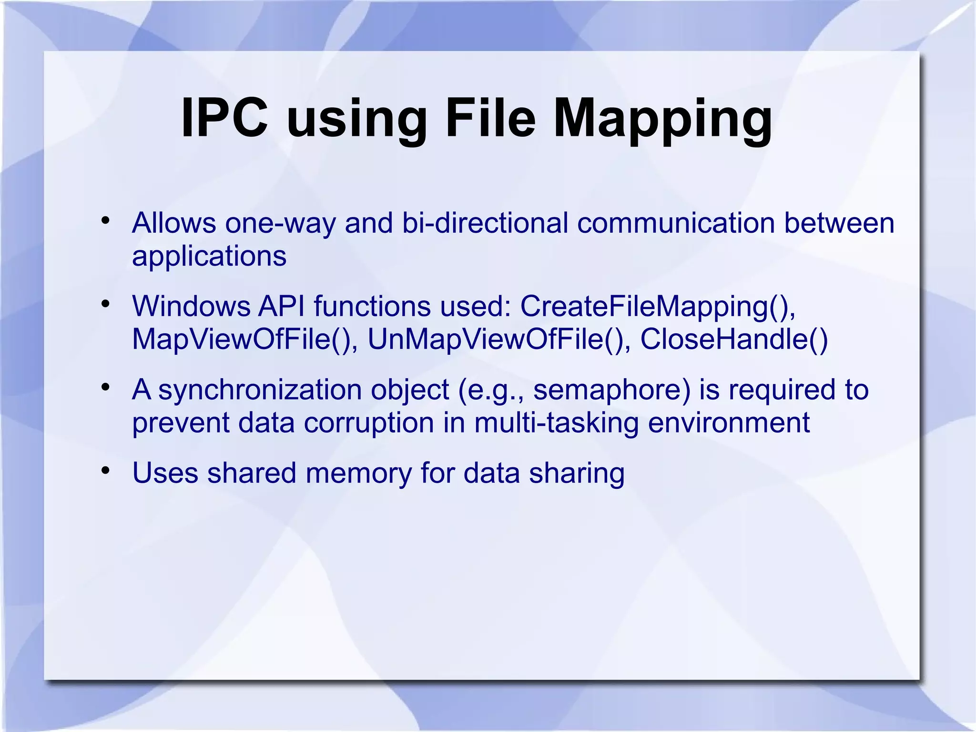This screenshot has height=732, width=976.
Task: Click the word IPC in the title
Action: pos(224,118)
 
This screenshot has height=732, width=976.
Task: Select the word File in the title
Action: pos(491,118)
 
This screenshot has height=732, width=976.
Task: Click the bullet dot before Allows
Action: pos(105,221)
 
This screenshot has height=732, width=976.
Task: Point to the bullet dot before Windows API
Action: pos(105,304)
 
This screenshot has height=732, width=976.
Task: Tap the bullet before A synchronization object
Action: pos(105,387)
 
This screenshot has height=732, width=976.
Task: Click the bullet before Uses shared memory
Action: pos(105,471)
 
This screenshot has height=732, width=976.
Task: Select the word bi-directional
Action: pos(485,223)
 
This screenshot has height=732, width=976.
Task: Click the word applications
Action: pos(209,257)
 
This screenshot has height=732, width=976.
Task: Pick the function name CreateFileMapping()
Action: pos(658,307)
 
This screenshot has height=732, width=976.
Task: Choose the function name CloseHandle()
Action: pos(734,340)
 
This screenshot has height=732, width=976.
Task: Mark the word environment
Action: pos(729,423)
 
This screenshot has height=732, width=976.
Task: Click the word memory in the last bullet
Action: pos(358,474)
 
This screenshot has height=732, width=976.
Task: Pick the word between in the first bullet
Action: pos(839,223)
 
